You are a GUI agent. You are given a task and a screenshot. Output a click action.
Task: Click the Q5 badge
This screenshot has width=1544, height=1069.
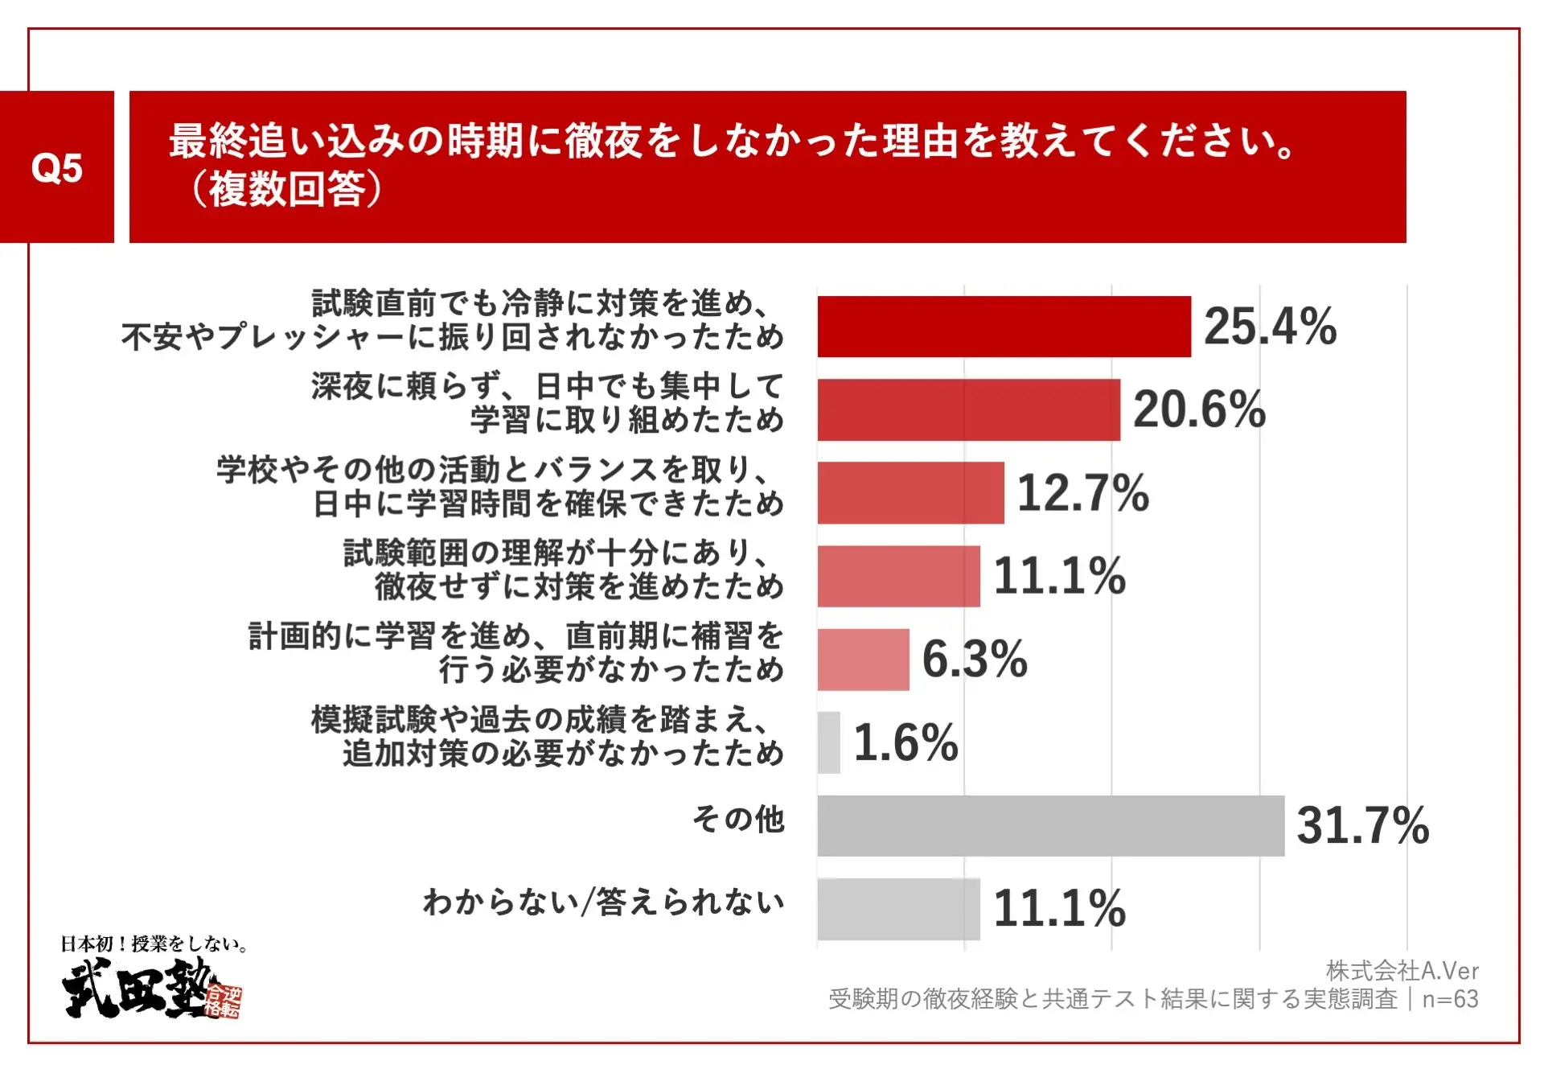[x=56, y=167]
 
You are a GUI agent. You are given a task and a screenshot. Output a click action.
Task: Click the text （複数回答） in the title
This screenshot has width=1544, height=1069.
[x=285, y=190]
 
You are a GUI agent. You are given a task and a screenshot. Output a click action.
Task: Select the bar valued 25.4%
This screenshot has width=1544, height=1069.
[x=1004, y=327]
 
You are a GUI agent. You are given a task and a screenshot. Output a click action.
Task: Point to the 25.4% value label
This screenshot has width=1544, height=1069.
[x=1270, y=327]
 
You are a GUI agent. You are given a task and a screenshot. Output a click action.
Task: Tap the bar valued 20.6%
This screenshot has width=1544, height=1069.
[x=968, y=410]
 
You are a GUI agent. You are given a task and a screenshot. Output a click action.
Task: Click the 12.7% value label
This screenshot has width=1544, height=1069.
[x=1082, y=493]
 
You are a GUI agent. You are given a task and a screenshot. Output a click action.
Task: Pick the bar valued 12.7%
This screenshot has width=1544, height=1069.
[x=910, y=493]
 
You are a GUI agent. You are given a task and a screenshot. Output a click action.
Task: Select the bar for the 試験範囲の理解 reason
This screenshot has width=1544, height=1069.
[x=898, y=576]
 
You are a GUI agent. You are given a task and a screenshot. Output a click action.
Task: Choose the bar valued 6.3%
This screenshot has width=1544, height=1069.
[x=863, y=660]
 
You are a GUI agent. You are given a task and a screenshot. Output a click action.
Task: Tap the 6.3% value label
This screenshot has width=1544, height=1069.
[x=975, y=660]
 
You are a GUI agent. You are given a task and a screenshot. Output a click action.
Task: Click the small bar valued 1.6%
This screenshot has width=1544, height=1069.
[x=828, y=742]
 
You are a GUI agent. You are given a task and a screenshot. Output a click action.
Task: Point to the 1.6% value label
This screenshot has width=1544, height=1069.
[x=905, y=742]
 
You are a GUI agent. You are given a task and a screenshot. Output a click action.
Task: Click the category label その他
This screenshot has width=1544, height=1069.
[x=738, y=820]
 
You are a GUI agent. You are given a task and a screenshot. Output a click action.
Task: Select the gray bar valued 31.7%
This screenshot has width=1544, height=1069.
[x=1050, y=826]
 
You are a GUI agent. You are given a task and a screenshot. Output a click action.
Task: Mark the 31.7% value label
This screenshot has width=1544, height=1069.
[x=1363, y=826]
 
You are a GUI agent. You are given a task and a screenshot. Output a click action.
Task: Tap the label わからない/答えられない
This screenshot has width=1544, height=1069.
[x=604, y=902]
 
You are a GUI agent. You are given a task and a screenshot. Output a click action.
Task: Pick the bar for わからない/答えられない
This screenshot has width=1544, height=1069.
[x=898, y=909]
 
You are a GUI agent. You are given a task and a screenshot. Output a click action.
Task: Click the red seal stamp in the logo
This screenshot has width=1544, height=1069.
[x=223, y=1001]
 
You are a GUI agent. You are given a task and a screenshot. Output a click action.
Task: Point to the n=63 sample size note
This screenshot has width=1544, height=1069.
[x=1450, y=999]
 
